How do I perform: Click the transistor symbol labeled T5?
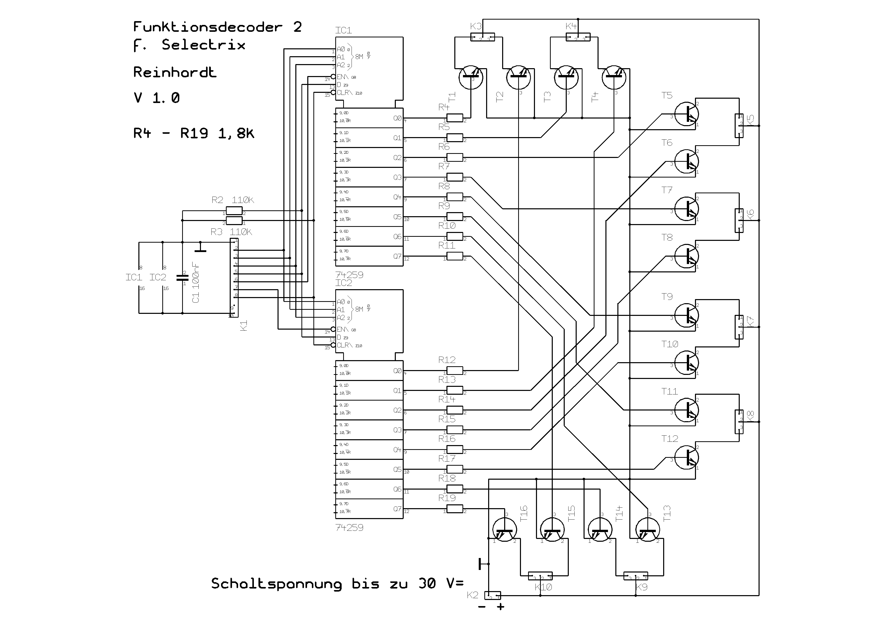pos(686,114)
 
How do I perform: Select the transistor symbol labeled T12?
pos(686,457)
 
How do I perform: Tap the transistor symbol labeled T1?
pos(471,77)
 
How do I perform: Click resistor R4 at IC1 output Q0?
pos(454,118)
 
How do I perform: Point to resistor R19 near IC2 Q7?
pos(454,509)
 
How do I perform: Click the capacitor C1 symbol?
pos(182,277)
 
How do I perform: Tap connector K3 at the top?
pos(482,38)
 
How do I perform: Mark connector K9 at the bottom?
pos(635,576)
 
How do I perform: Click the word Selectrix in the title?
pos(203,45)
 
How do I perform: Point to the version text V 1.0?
pos(157,98)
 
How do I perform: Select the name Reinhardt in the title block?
pos(175,72)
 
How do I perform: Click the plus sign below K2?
pos(501,607)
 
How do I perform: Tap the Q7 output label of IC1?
pos(397,256)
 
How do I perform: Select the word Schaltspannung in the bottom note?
pos(276,584)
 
